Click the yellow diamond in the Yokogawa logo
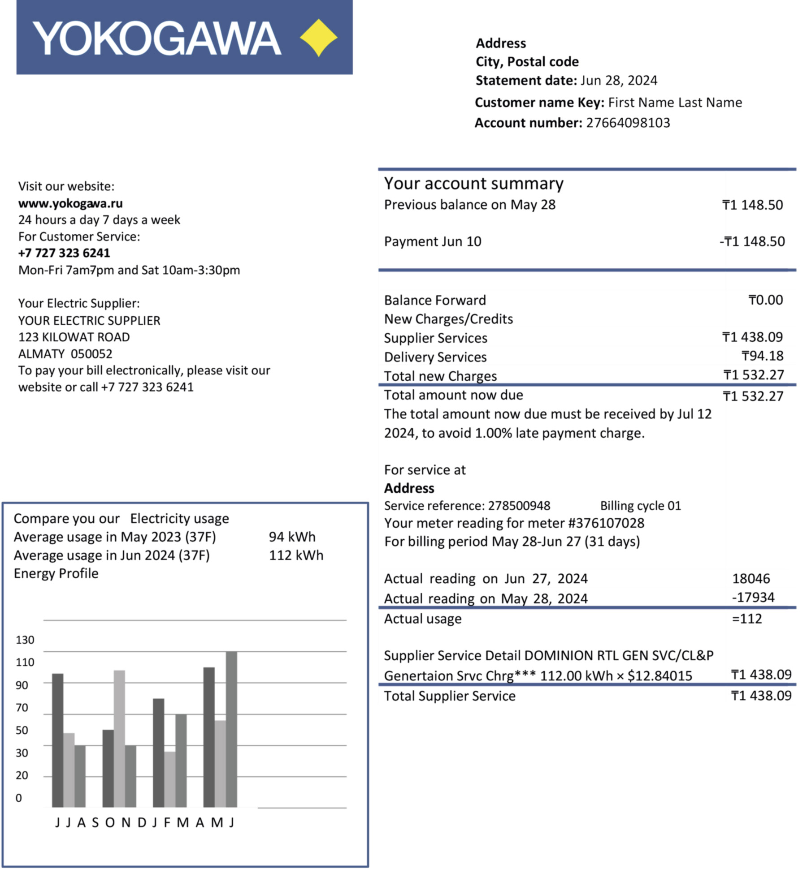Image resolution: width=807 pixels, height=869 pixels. [x=318, y=38]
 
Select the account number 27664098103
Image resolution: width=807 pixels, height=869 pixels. [x=628, y=123]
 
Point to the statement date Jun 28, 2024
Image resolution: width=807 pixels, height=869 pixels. [x=619, y=81]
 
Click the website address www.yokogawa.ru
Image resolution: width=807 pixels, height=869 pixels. [x=70, y=203]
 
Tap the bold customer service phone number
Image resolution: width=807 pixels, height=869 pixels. [x=64, y=253]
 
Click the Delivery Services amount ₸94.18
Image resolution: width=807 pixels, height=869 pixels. [x=762, y=356]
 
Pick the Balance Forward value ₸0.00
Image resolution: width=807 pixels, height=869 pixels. [x=766, y=300]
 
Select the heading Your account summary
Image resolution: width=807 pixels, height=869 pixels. [x=473, y=184]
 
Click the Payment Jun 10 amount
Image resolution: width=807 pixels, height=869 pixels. [x=752, y=241]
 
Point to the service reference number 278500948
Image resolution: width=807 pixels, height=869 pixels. [x=519, y=506]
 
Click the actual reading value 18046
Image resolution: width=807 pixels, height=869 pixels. [x=751, y=579]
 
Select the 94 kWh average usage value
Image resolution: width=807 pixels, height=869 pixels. [x=292, y=537]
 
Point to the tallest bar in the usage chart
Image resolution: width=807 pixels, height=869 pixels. [x=231, y=730]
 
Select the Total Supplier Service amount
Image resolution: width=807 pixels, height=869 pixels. [x=761, y=696]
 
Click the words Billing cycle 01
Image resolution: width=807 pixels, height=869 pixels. [x=640, y=506]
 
